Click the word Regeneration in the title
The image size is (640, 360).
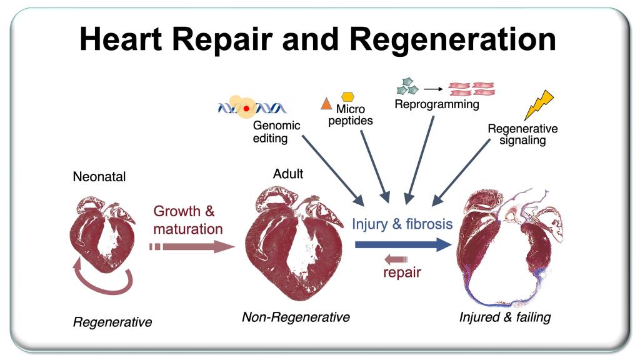coord(452,39)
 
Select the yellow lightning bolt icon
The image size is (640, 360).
coord(538,105)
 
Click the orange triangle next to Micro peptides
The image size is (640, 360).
coord(325,104)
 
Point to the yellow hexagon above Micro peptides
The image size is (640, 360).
coord(347,97)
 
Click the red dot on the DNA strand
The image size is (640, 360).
coord(246,109)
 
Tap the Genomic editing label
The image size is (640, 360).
coord(276,131)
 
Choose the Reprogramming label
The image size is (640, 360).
coord(436,104)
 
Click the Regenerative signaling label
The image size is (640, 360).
coord(522,134)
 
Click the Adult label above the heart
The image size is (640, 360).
coord(288,174)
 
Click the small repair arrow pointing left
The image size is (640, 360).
coord(395,259)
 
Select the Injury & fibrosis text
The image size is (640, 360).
coord(402,224)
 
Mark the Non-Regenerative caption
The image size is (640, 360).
coord(296,317)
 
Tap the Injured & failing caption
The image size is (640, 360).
coord(505,317)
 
